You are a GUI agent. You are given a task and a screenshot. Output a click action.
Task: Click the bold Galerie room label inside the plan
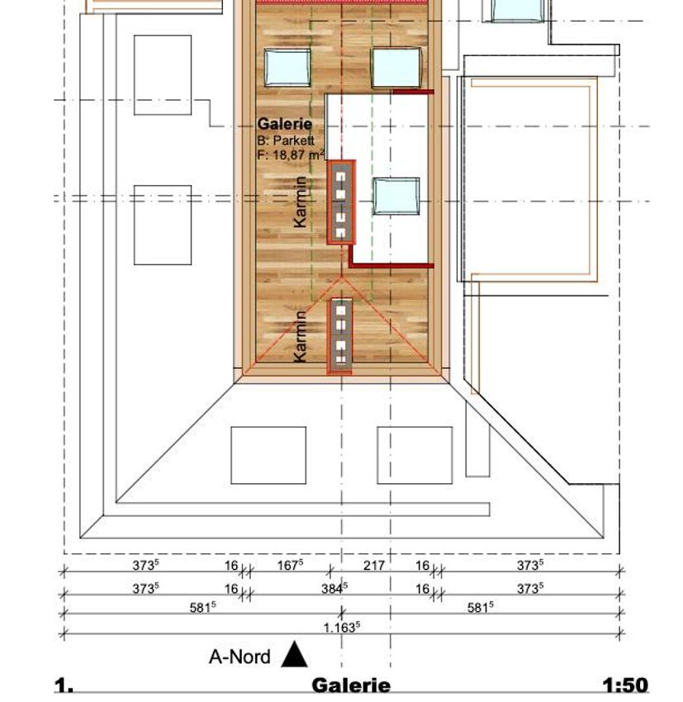coord(285,124)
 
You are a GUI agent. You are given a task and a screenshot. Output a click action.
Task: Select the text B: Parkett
coord(286,140)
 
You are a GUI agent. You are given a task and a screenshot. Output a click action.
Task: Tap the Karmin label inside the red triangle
coord(301,336)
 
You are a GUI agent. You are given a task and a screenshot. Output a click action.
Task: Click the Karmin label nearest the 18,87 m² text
coord(301,202)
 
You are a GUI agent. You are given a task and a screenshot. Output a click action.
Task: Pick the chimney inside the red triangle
coord(340,335)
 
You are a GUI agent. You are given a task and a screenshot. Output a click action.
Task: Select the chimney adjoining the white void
coord(341,202)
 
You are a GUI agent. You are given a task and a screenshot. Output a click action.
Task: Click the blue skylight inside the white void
coord(396,196)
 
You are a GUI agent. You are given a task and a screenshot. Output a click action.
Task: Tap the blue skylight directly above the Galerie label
coord(287,67)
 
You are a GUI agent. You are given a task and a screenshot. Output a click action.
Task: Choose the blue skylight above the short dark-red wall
coord(396,68)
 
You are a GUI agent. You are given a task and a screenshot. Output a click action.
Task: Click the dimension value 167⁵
coord(290,565)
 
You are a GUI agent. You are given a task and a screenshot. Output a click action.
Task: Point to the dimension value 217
coord(374,566)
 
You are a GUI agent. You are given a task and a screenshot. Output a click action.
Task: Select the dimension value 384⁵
coord(334,588)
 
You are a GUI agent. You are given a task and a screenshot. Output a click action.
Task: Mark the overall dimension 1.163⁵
coord(342,627)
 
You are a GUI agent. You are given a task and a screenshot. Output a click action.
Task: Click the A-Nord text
coord(240,657)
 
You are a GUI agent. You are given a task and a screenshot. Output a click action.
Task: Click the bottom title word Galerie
coord(351,685)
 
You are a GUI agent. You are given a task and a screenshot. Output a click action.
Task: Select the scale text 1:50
coord(625,685)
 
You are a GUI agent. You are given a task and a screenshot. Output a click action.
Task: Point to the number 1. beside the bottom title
coord(64,685)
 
